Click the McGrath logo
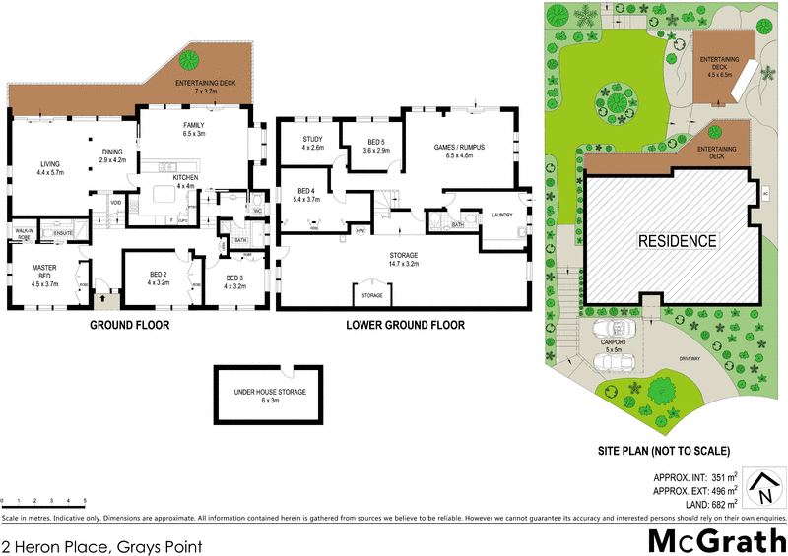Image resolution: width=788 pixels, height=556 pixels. point(715,539)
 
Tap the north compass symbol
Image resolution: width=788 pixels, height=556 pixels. point(764,486)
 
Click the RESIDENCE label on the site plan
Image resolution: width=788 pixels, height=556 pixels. point(677,241)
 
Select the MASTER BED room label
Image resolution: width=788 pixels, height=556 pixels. point(45,273)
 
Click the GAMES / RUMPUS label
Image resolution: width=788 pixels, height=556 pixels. point(460,151)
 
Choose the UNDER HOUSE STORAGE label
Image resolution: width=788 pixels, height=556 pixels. point(270,396)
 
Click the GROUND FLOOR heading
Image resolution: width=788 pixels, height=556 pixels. point(130,325)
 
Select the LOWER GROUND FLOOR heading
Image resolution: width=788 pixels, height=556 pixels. point(405,325)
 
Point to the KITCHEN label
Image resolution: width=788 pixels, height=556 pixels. point(185,181)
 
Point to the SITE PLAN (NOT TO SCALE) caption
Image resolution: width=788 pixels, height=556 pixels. point(663,451)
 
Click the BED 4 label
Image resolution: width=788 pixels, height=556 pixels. point(306,194)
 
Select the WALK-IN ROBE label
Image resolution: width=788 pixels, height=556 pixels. point(24,234)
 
